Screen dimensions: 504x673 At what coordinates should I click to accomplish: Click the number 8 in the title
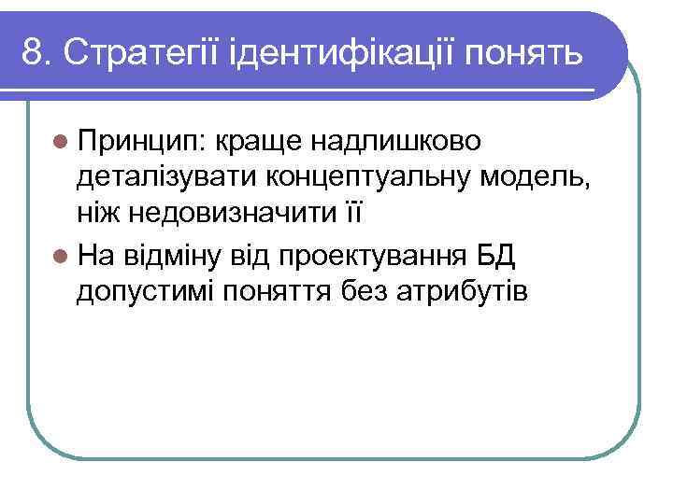(x=34, y=53)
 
